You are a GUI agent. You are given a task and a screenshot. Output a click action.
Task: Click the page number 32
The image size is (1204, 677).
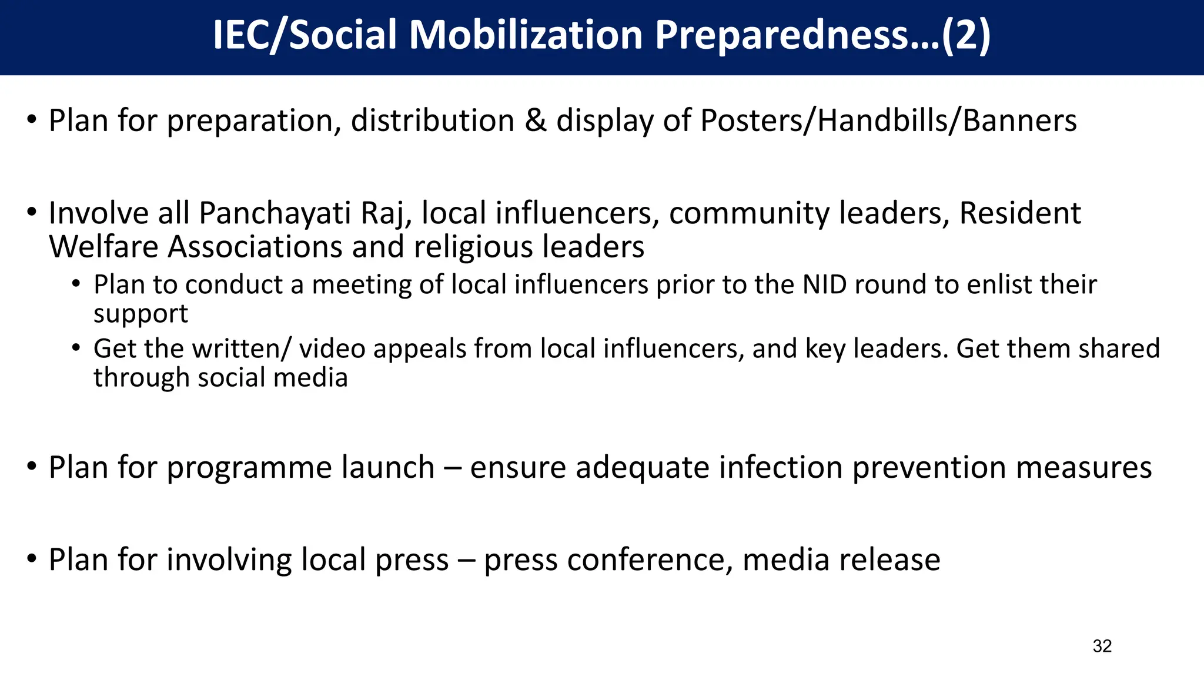[x=1102, y=646]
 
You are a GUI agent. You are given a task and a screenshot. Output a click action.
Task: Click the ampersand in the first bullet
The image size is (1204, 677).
[x=535, y=120]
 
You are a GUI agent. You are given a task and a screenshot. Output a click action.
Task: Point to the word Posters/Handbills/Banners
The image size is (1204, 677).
[x=888, y=122]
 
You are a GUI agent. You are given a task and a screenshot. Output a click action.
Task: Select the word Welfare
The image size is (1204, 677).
[x=103, y=247]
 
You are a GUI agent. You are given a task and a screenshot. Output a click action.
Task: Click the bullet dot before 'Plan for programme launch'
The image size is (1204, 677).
[x=32, y=468]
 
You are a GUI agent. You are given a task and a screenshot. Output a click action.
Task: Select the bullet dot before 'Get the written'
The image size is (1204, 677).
[x=76, y=349]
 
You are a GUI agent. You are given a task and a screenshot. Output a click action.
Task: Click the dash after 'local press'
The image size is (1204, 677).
[x=466, y=561]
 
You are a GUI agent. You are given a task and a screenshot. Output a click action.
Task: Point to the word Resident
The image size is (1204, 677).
[x=1019, y=213]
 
